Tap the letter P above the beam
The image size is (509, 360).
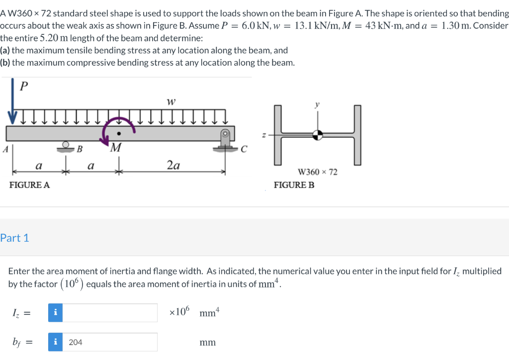(x=23, y=86)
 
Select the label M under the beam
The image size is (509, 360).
(x=116, y=148)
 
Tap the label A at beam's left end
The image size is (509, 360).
(x=4, y=148)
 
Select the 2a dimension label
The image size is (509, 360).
(x=173, y=165)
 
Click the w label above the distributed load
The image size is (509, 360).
(x=171, y=102)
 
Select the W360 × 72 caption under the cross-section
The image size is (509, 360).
(x=317, y=172)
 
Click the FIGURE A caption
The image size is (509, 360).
(x=30, y=185)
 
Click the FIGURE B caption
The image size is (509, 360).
(x=294, y=185)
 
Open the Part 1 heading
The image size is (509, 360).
(x=14, y=238)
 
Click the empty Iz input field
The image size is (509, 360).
(x=110, y=313)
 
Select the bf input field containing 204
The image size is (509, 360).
(x=110, y=342)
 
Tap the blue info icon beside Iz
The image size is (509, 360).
(x=55, y=313)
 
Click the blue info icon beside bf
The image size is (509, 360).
(x=55, y=342)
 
